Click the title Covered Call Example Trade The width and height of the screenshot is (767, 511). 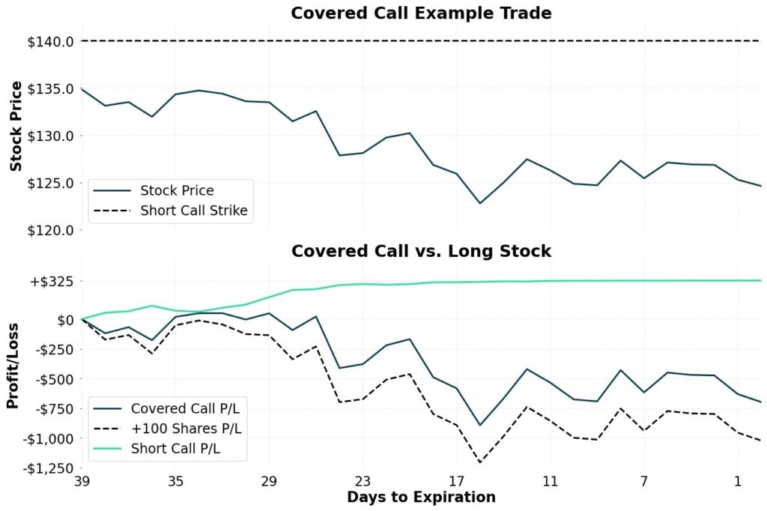pos(421,13)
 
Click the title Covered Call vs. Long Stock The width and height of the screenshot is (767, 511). pos(421,251)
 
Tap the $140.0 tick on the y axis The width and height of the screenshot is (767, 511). pos(51,41)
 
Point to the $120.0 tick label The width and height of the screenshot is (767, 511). pos(51,230)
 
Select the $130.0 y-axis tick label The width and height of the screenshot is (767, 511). pos(51,136)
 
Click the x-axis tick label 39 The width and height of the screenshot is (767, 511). pos(82,480)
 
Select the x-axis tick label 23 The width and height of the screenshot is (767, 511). pos(363,480)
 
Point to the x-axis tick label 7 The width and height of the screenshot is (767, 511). pos(644,480)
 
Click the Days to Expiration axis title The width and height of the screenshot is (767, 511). pos(421,498)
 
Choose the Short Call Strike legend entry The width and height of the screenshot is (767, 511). pos(193,211)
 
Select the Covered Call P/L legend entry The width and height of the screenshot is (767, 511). pos(190,408)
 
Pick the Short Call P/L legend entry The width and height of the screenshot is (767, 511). pos(180,449)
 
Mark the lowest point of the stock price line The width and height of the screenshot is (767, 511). pos(479,203)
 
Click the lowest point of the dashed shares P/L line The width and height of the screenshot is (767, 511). pos(479,462)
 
